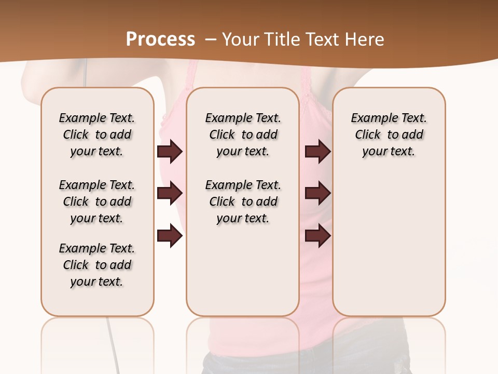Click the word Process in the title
tap(160, 39)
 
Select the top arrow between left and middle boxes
tap(170, 152)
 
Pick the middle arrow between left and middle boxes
tap(170, 194)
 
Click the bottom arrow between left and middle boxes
tap(170, 236)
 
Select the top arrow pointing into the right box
tap(317, 152)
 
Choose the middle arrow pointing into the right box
tap(317, 194)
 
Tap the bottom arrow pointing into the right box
tap(317, 236)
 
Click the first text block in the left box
tap(97, 135)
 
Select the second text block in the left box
tap(97, 202)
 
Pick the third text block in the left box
tap(97, 265)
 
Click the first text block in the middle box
tap(243, 135)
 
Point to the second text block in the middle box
tap(243, 202)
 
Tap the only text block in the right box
tap(389, 135)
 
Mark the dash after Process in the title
tap(211, 39)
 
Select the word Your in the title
tap(239, 39)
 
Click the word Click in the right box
tap(368, 135)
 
